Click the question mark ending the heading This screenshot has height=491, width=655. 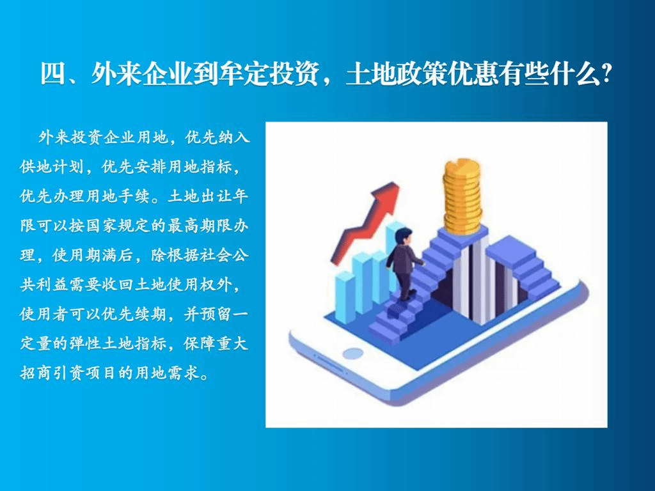coord(606,74)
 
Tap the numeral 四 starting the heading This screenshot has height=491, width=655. coord(52,74)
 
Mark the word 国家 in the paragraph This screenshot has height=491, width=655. coord(102,226)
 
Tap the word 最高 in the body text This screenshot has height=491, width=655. coord(184,226)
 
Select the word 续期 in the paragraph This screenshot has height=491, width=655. coord(151,314)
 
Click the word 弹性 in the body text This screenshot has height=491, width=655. coord(86,343)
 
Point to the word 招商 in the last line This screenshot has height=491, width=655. coord(36,373)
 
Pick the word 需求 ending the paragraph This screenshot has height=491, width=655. coord(184,373)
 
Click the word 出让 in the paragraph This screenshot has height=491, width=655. coord(217,196)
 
